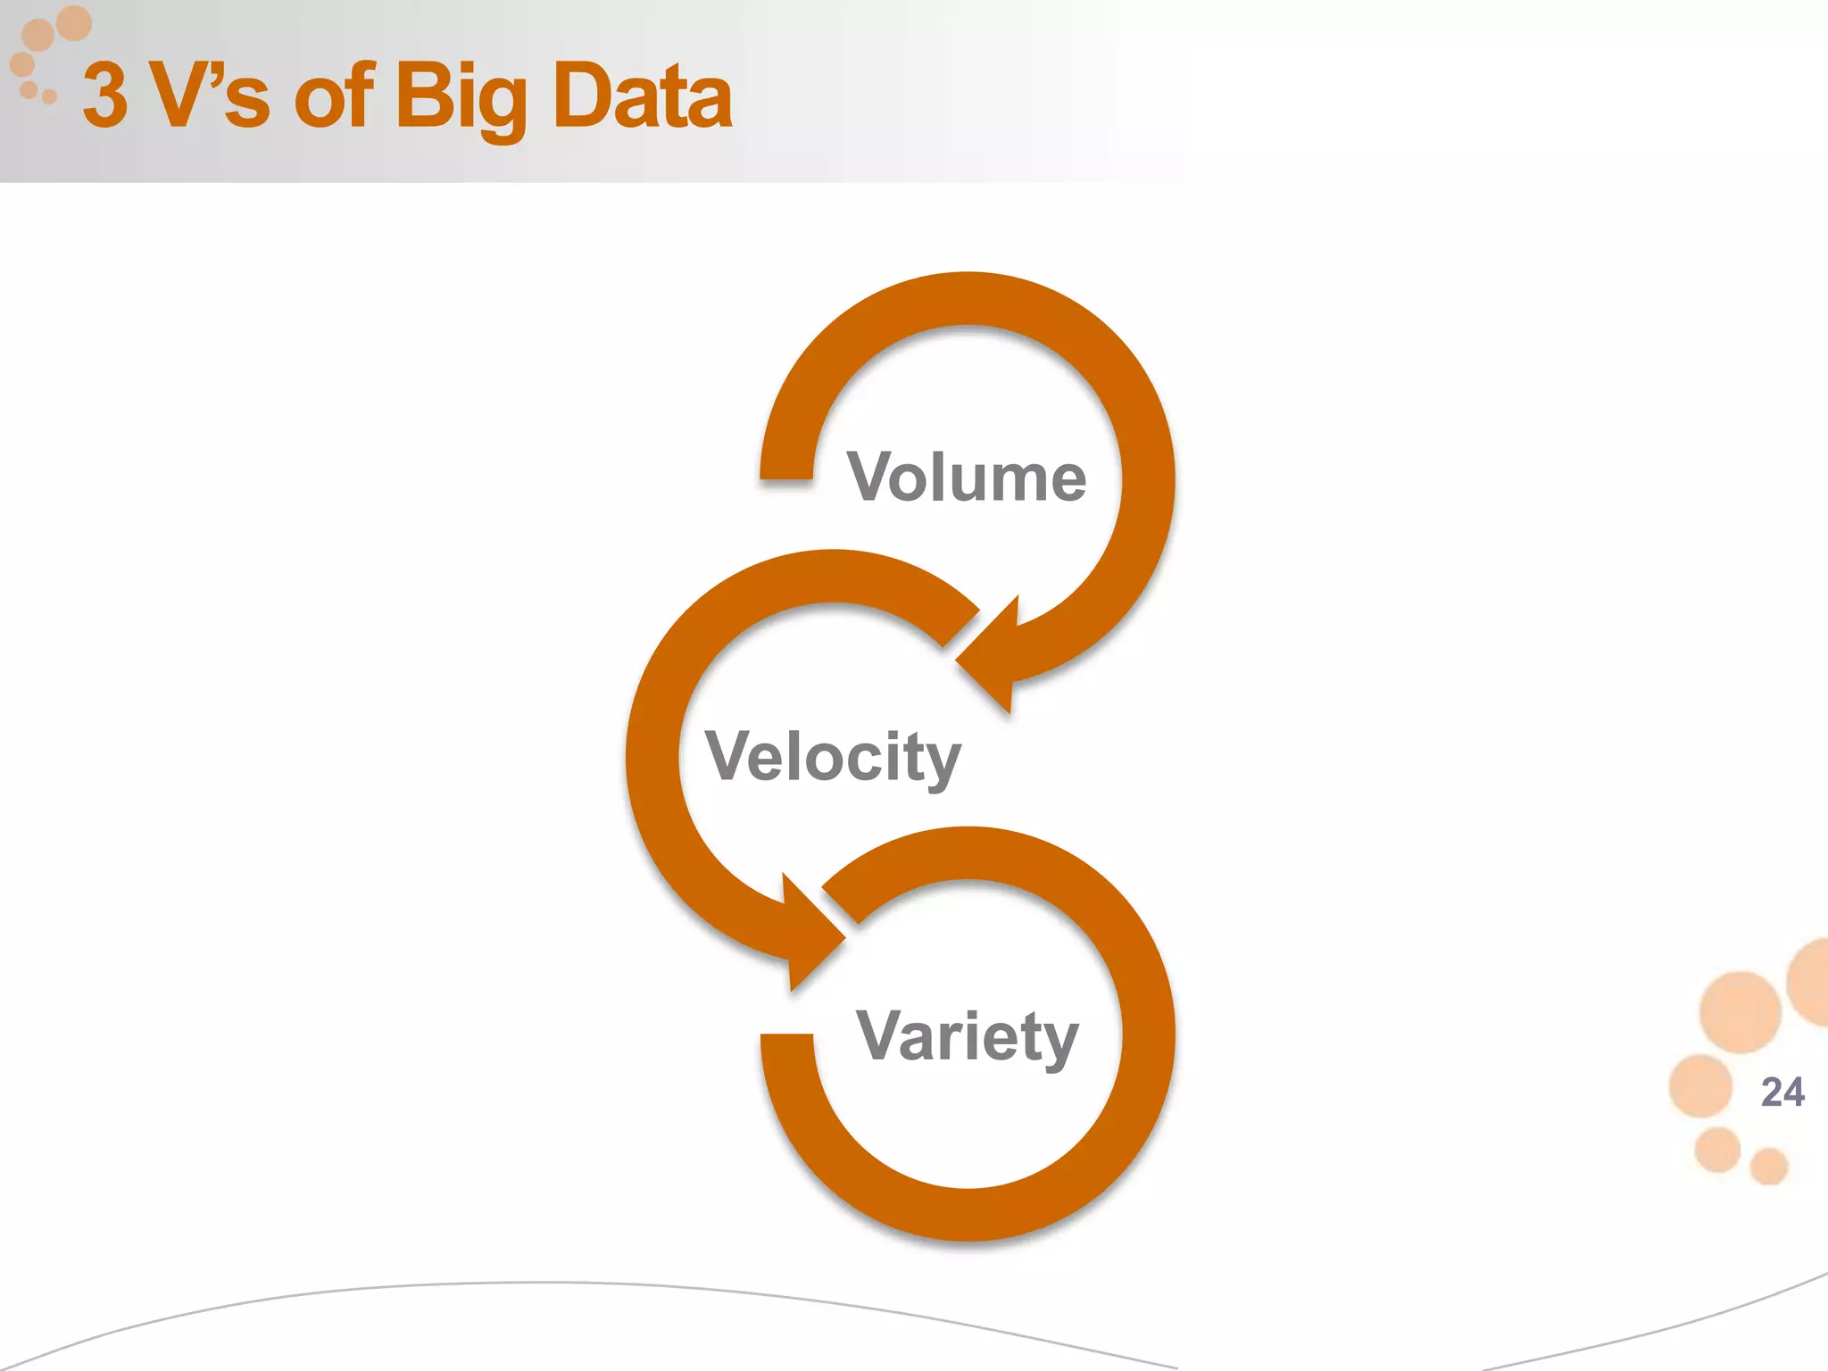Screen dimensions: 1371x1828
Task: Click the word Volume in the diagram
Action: point(967,478)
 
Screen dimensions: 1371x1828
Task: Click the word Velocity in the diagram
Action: point(833,757)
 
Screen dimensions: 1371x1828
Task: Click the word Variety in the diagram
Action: point(968,1036)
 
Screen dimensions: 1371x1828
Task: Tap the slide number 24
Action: point(1782,1092)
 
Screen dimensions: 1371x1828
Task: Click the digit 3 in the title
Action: point(105,96)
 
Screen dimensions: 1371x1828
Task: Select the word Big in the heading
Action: point(461,96)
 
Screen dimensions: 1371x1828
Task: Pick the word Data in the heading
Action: point(642,96)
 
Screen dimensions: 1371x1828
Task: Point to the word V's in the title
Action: point(210,96)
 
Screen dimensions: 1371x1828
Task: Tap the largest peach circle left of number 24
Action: point(1741,1011)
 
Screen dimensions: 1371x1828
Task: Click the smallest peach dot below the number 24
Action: point(1768,1166)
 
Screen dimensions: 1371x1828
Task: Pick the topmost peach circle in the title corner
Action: point(73,22)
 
